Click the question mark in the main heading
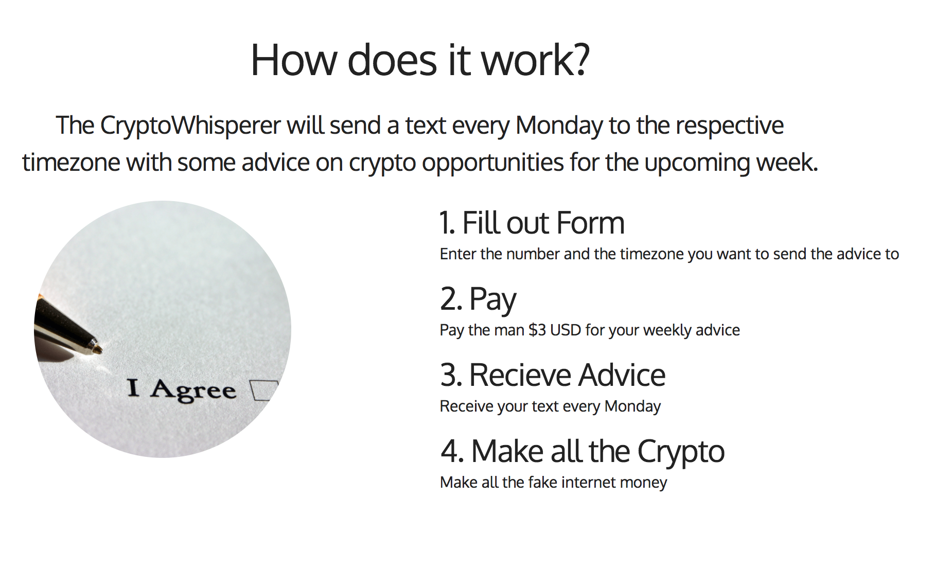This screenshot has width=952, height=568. [x=580, y=60]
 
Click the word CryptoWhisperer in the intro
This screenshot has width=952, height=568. [x=190, y=126]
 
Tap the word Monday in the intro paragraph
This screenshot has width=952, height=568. [x=559, y=126]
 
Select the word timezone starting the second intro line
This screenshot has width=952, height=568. [x=71, y=163]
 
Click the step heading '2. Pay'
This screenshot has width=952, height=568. [x=478, y=299]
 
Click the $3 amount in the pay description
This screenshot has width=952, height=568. [x=537, y=330]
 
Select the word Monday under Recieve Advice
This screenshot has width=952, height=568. [x=632, y=406]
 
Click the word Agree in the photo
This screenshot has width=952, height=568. [x=193, y=390]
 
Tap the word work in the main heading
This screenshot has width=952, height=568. [x=525, y=60]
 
